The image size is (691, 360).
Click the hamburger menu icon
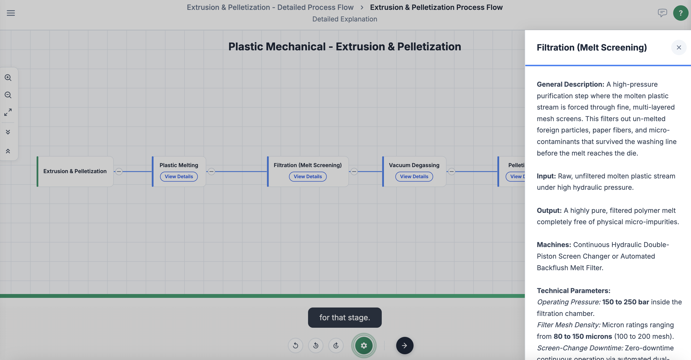pos(11,13)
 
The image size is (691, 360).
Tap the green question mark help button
pos(681,13)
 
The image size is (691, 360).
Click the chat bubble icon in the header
pos(662,13)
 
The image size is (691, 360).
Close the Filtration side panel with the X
pos(679,47)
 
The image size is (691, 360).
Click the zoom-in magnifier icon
pos(8,78)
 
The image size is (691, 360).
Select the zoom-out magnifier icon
pos(8,95)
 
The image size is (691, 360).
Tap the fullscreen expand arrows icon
pos(8,112)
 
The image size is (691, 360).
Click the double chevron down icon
pos(8,132)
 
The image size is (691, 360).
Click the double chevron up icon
pos(8,151)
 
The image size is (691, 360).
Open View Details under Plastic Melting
pos(179,177)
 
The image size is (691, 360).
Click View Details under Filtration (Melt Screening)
pos(308,177)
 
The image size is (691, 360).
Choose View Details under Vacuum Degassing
pos(414,177)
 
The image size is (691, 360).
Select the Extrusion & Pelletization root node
pos(75,171)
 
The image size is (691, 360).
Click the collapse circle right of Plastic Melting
pos(211,171)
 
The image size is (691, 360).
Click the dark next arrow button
pos(405,346)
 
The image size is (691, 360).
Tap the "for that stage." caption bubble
pos(345,318)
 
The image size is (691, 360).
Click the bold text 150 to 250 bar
pos(625,302)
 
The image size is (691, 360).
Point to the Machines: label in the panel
pos(554,245)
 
